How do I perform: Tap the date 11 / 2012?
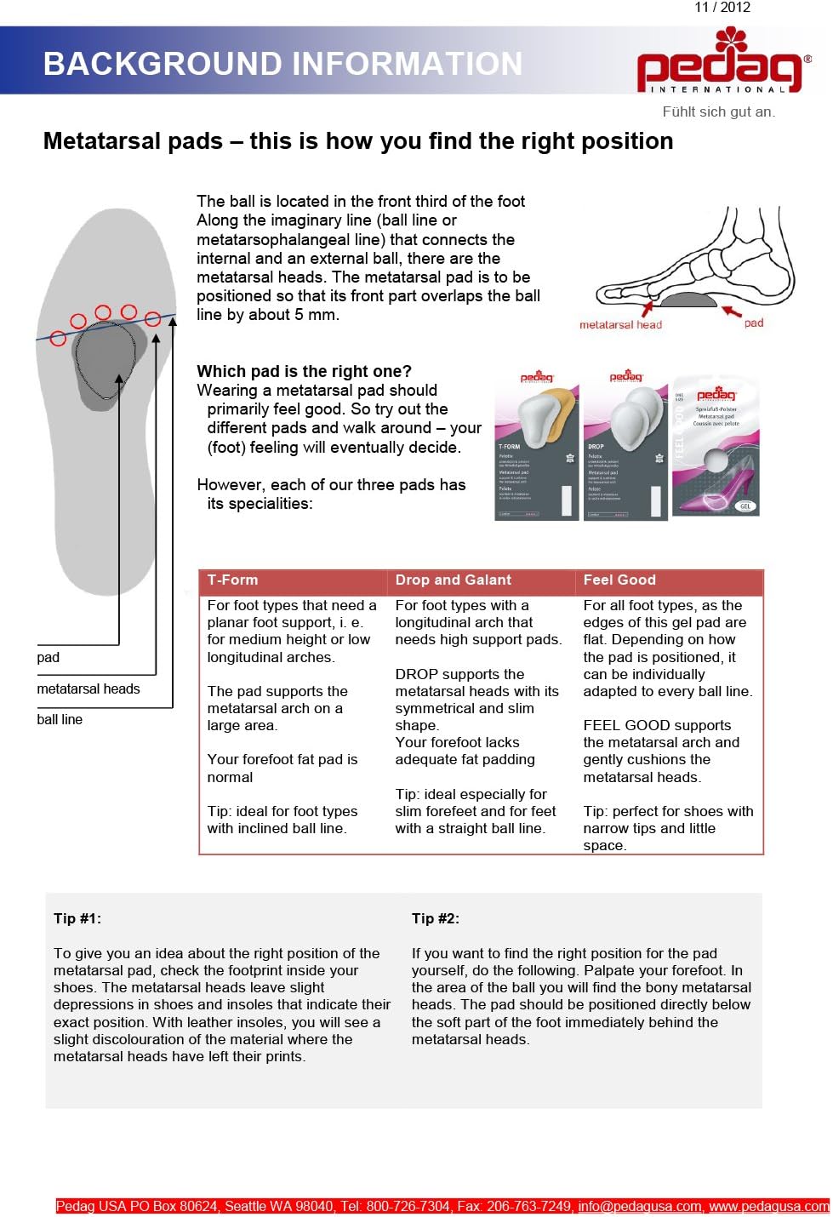click(x=722, y=8)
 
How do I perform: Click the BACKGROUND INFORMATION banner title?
click(x=282, y=64)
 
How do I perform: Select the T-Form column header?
click(x=232, y=580)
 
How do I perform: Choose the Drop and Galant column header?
click(x=453, y=580)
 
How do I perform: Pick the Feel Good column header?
click(x=619, y=580)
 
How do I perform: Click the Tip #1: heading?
click(x=77, y=918)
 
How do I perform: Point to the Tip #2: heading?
click(x=436, y=918)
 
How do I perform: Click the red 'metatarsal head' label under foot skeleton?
click(x=620, y=324)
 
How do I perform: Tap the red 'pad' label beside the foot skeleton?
click(x=753, y=323)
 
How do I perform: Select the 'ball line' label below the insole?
click(x=60, y=719)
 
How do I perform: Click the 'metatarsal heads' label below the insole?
click(x=88, y=688)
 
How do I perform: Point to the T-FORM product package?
click(x=536, y=447)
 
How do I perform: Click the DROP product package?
click(x=625, y=447)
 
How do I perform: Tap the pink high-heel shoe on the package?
click(x=723, y=489)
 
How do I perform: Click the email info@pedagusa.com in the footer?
click(x=640, y=1206)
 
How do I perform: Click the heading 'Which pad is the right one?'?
click(x=304, y=371)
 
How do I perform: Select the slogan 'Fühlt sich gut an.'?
click(x=718, y=111)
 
